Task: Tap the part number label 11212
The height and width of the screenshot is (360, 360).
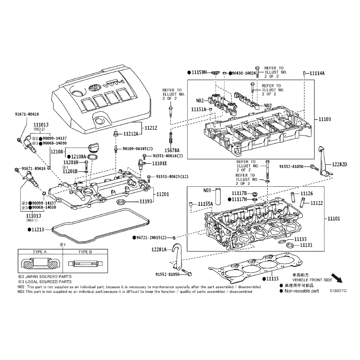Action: [151, 128]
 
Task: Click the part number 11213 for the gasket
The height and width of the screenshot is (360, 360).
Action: [38, 229]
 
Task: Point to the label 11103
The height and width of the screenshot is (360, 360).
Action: [324, 119]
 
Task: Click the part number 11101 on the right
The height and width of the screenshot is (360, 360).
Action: [333, 218]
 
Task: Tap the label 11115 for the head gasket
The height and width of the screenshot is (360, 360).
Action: [272, 279]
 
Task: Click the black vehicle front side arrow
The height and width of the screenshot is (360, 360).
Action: [337, 278]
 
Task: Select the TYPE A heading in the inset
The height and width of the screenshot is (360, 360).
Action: [40, 252]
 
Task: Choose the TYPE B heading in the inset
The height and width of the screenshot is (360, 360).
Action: [85, 252]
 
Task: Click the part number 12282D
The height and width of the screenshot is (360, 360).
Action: [340, 164]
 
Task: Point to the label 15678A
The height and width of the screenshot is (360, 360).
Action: [172, 150]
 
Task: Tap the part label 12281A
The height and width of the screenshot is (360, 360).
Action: [159, 249]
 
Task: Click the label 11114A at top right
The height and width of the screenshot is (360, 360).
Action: [317, 73]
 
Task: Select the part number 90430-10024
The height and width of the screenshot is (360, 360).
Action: [244, 73]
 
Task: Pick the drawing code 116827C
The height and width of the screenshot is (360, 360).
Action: [338, 291]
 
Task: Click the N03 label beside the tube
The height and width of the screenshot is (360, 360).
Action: [207, 190]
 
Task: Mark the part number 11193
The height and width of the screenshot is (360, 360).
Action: [146, 201]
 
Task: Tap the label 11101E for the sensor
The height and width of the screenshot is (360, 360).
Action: [160, 163]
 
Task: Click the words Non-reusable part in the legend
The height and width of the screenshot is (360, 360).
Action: [301, 291]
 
